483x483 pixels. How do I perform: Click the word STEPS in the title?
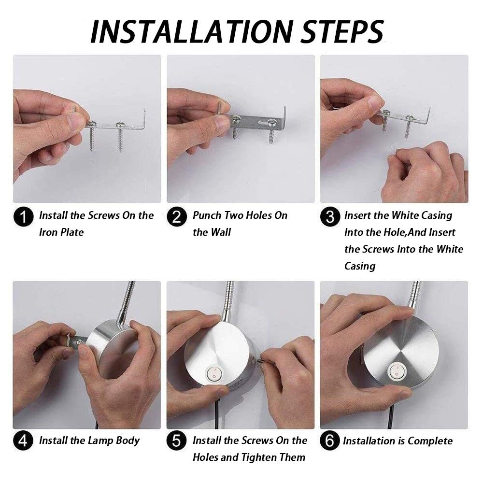[x=342, y=31]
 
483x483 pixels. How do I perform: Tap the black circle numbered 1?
[x=23, y=217]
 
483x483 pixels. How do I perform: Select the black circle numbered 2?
[x=177, y=217]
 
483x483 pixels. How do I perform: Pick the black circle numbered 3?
[x=330, y=217]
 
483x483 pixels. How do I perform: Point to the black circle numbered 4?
[x=23, y=441]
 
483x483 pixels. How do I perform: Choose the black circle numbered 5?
[x=177, y=441]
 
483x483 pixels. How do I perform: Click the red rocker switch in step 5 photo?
[x=213, y=374]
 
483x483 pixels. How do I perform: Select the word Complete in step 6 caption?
[x=430, y=441]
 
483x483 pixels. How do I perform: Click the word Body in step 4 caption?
[x=128, y=441]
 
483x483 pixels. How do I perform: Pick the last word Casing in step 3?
[x=360, y=266]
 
